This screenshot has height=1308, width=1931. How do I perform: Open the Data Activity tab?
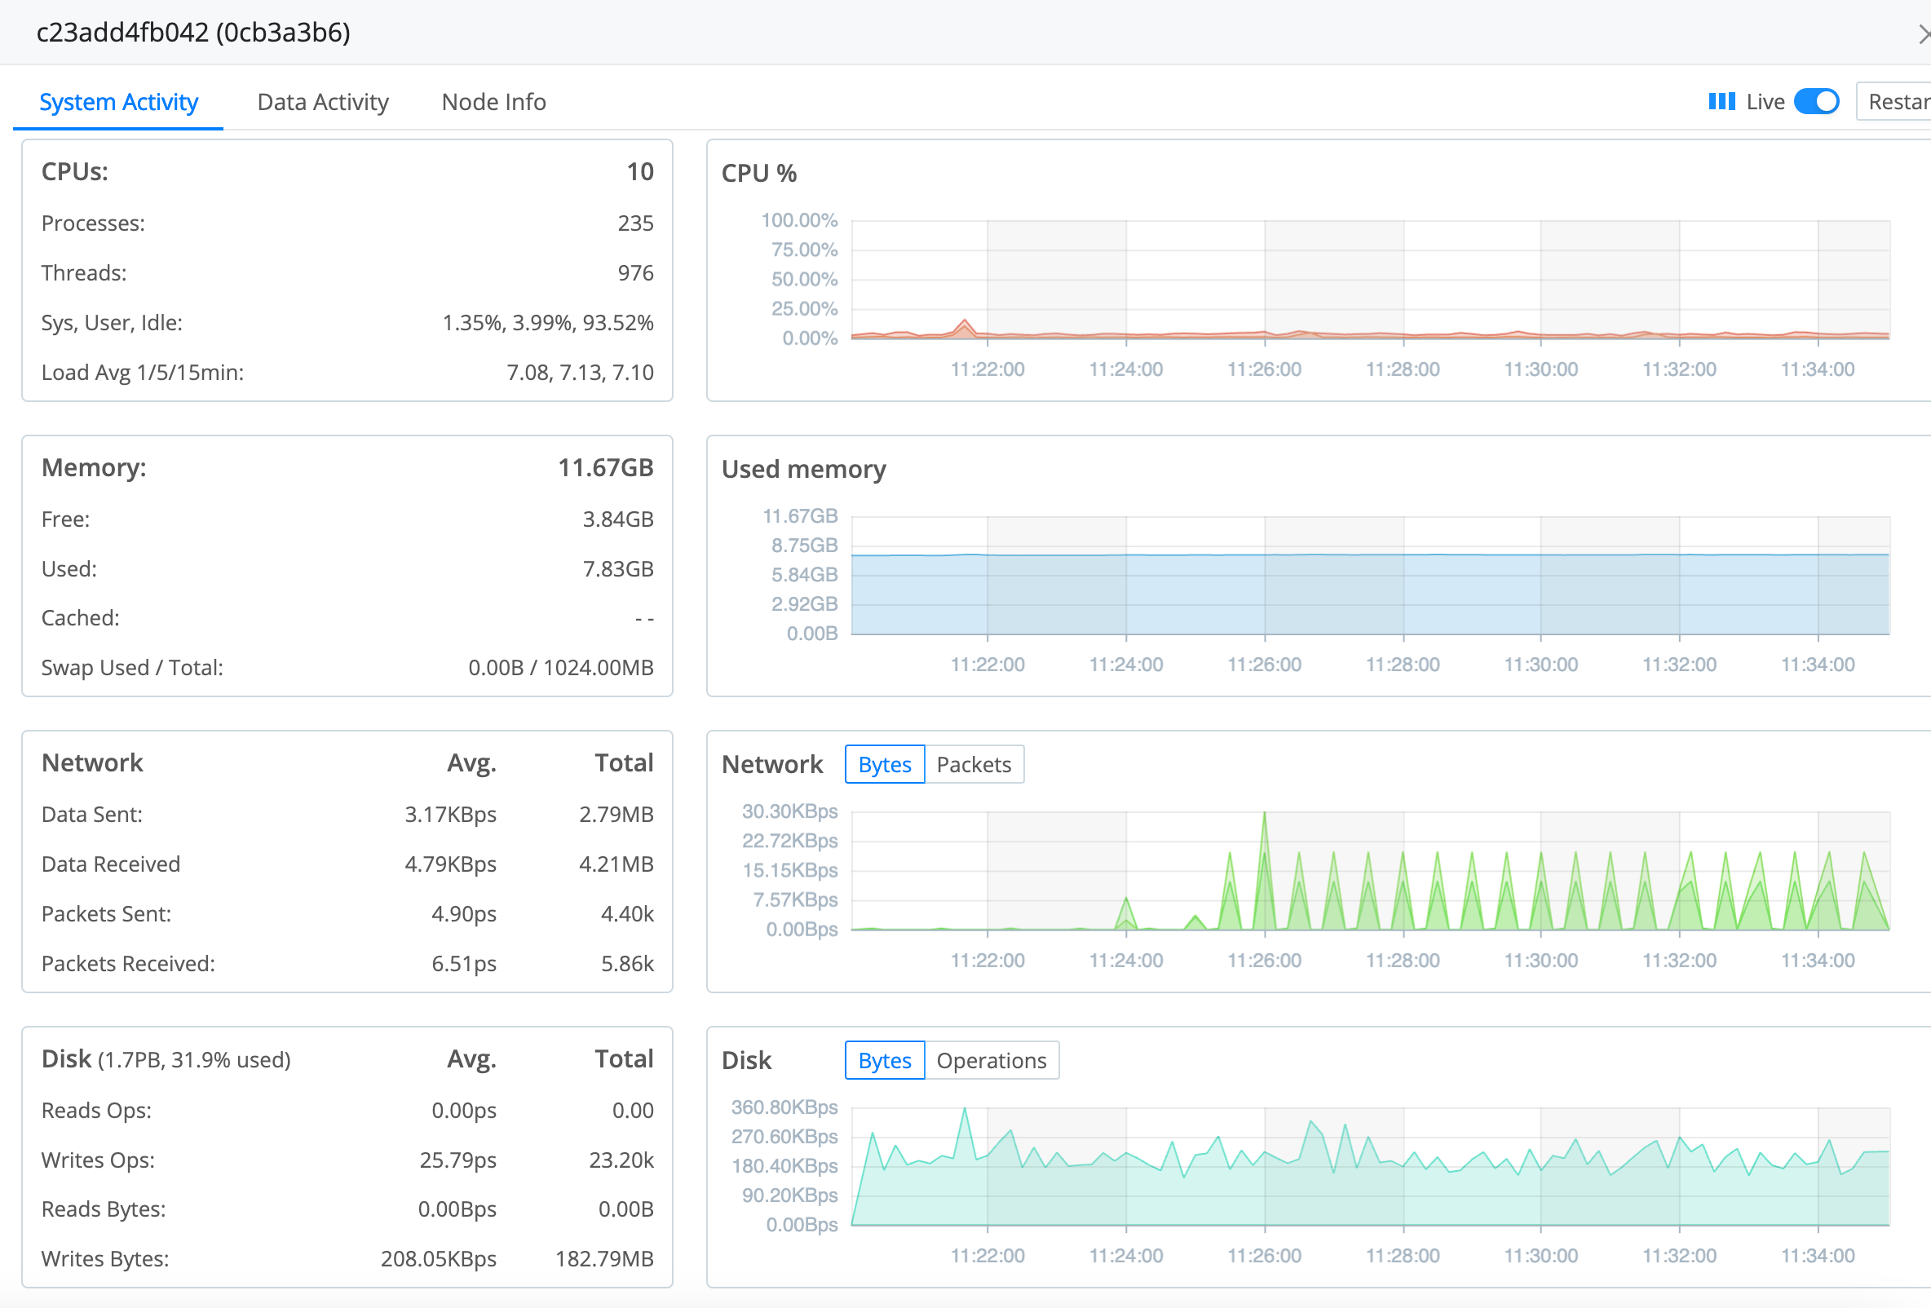click(322, 102)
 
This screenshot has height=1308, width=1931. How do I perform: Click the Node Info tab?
click(493, 102)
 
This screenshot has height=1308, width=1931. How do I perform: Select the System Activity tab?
click(119, 102)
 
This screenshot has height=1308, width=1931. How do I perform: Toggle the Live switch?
click(1815, 101)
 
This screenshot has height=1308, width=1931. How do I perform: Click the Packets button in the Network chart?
click(973, 765)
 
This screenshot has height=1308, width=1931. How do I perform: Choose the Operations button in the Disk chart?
click(991, 1060)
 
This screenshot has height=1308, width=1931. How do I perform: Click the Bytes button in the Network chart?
click(884, 765)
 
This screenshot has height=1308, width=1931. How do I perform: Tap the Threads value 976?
click(634, 273)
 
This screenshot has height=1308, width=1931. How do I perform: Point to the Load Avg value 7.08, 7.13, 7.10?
click(579, 373)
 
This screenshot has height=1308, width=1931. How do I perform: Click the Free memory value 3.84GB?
click(617, 519)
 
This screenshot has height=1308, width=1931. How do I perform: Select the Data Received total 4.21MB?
click(616, 864)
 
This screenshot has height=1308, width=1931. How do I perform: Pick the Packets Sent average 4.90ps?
click(463, 914)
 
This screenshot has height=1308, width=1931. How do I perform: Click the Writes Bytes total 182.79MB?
click(604, 1259)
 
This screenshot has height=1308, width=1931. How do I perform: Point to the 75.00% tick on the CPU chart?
click(803, 250)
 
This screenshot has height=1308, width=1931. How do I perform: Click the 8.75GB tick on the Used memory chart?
click(803, 546)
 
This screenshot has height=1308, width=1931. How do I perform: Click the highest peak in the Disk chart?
click(964, 1110)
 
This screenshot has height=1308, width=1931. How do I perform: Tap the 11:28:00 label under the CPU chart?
click(1402, 369)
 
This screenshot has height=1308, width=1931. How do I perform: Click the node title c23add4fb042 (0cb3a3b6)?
click(192, 33)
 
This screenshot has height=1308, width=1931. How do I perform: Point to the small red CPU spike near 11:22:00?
click(964, 322)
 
